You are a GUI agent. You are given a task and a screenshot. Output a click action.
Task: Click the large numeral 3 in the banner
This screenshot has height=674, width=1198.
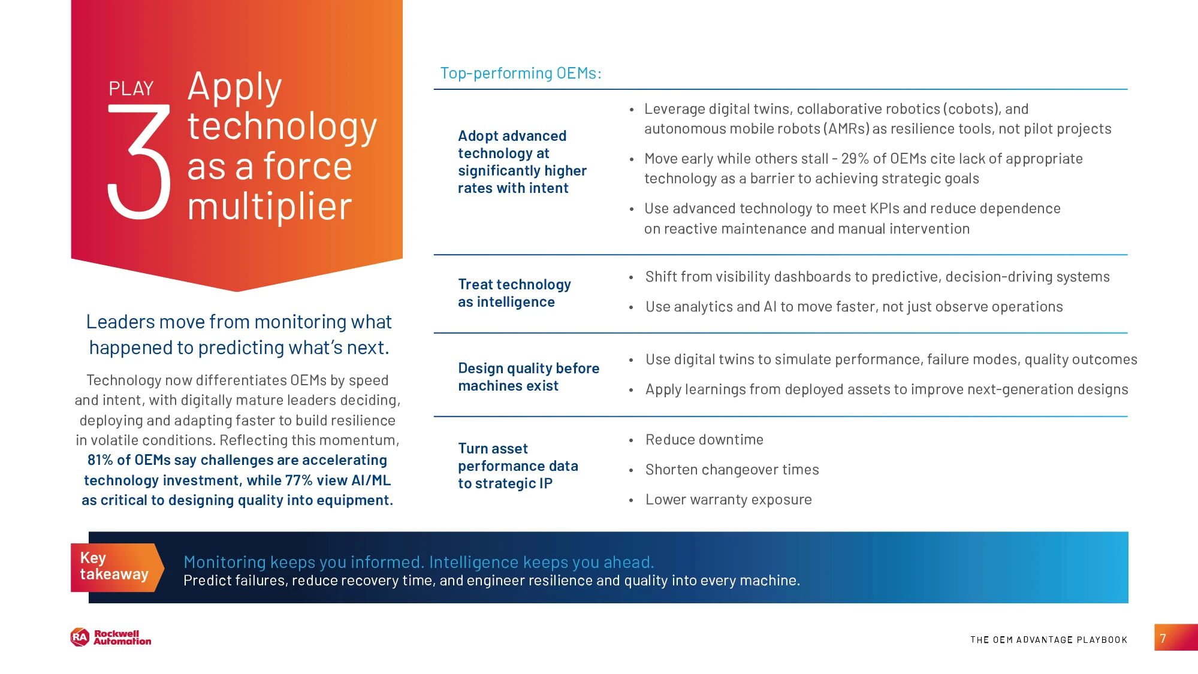click(x=139, y=162)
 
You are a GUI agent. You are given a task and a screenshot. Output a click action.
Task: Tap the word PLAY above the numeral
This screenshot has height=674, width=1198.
click(x=131, y=89)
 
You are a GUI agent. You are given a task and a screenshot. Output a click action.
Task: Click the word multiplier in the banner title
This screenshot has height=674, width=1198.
click(x=270, y=207)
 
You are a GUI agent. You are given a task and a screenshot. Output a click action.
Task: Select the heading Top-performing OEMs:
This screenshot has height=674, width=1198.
click(x=521, y=73)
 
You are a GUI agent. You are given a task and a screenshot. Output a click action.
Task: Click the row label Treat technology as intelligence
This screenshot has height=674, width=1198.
click(x=514, y=293)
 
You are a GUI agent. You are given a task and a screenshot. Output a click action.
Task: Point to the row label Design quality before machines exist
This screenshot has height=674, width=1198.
click(x=529, y=377)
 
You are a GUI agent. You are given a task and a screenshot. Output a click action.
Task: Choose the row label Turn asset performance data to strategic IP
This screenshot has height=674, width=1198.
click(x=518, y=466)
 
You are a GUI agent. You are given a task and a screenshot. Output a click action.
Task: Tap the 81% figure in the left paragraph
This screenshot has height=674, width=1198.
click(x=100, y=460)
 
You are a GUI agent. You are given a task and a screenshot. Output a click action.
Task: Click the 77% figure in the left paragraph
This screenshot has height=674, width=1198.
click(x=299, y=480)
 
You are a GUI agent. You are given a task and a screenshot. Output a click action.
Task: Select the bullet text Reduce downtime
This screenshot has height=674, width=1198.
click(x=704, y=440)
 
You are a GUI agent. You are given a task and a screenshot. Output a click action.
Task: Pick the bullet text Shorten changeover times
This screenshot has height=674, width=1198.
click(x=732, y=470)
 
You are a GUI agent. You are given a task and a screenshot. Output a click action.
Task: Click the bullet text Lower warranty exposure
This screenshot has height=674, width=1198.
click(x=728, y=500)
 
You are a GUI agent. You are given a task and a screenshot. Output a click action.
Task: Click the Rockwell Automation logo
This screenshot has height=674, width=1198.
click(x=111, y=637)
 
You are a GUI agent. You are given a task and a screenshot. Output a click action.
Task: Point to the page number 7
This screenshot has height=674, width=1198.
click(x=1163, y=639)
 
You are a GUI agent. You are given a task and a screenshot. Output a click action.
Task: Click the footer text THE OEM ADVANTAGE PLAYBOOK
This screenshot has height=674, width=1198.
click(x=1049, y=640)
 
